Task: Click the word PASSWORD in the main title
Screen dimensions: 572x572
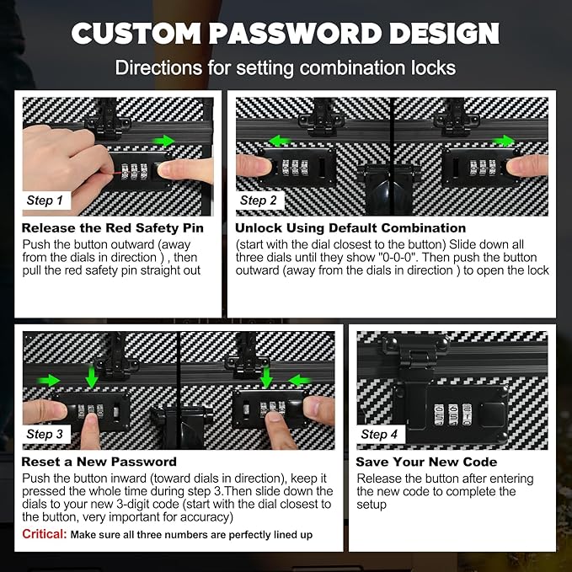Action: coord(295,34)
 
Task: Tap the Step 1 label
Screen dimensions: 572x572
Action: coord(45,200)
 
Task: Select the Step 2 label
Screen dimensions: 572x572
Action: coord(259,200)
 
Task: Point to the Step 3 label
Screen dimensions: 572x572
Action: coord(45,434)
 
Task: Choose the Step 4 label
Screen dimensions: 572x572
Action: coord(379,434)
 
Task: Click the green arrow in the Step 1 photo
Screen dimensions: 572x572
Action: coord(163,141)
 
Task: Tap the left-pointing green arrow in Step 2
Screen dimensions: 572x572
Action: coord(279,141)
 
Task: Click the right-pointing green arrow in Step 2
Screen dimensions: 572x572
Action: coord(504,141)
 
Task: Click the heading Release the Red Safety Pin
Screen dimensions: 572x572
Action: coord(112,228)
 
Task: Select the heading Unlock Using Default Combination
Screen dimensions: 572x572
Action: coord(350,228)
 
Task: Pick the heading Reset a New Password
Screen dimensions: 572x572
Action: coord(99,462)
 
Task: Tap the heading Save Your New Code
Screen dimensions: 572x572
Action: coord(426,462)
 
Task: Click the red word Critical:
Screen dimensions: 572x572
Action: coord(45,534)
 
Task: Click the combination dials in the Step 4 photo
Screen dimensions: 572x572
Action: coord(452,414)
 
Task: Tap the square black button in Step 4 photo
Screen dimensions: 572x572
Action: coord(492,414)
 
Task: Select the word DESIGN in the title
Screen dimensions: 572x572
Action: coord(444,34)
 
